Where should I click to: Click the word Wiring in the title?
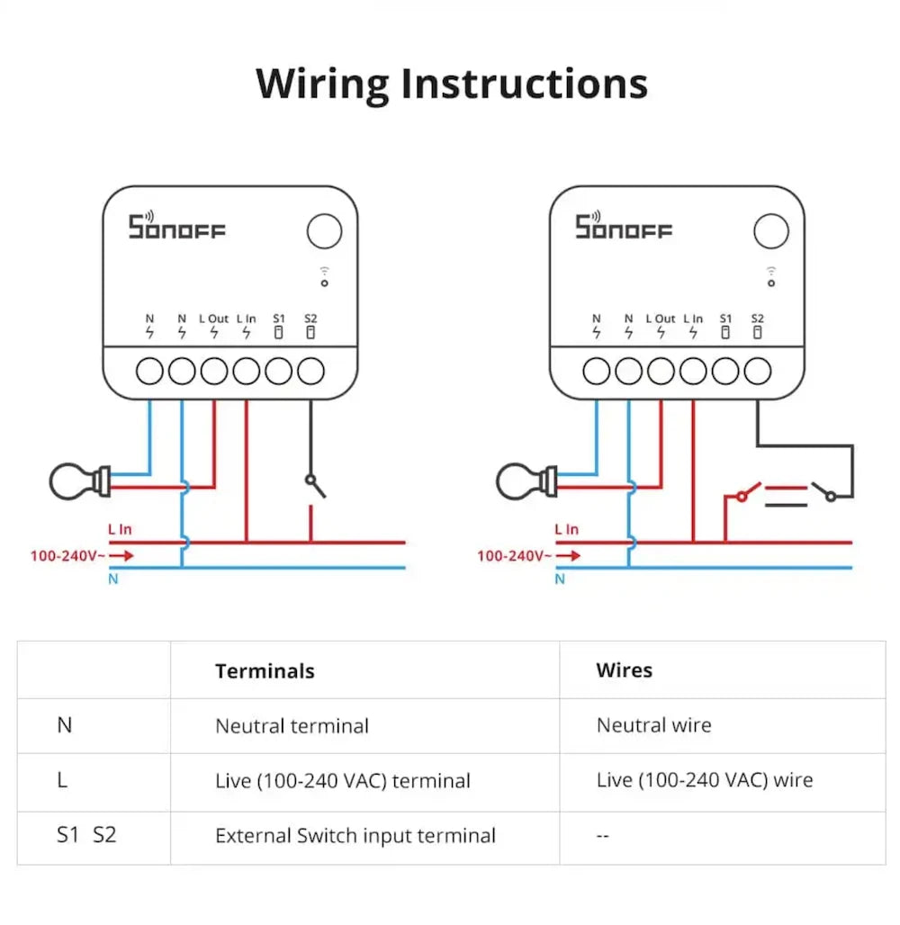pyautogui.click(x=322, y=85)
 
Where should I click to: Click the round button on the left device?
pyautogui.click(x=324, y=231)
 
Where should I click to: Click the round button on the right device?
pyautogui.click(x=770, y=231)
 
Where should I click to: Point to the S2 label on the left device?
pyautogui.click(x=310, y=319)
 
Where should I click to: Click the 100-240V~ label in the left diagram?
pyautogui.click(x=67, y=556)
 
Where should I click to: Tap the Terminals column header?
pyautogui.click(x=265, y=671)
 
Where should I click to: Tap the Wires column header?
pyautogui.click(x=624, y=670)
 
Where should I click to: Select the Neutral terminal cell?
pyautogui.click(x=292, y=726)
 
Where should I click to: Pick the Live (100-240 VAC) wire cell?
pyautogui.click(x=704, y=780)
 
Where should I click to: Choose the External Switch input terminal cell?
pyautogui.click(x=355, y=836)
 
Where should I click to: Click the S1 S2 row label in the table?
pyautogui.click(x=86, y=835)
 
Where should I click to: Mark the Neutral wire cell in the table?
pyautogui.click(x=653, y=725)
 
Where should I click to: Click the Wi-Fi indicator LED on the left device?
pyautogui.click(x=324, y=283)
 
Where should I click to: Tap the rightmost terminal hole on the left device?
pyautogui.click(x=310, y=371)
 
